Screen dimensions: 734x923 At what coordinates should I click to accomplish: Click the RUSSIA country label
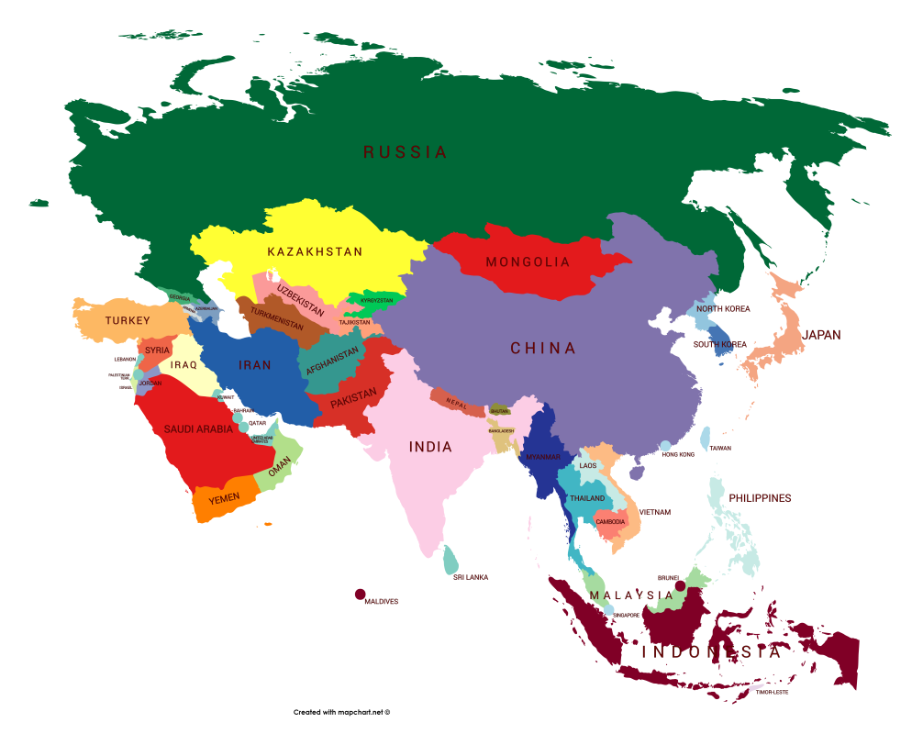click(405, 152)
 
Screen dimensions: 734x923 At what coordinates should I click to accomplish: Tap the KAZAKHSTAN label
click(315, 251)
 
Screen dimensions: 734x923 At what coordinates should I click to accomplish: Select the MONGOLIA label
click(528, 261)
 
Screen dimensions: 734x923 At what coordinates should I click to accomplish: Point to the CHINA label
click(543, 349)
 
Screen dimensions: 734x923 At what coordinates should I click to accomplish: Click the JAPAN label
click(821, 335)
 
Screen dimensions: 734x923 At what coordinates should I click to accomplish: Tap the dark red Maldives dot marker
click(361, 595)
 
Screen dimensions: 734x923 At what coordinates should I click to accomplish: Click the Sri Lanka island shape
click(450, 561)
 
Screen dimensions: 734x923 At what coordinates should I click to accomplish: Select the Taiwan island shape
click(705, 438)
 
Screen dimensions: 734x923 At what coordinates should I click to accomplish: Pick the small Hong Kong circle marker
click(665, 446)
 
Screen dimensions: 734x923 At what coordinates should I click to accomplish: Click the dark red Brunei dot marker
click(680, 585)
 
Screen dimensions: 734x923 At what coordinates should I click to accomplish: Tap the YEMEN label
click(224, 497)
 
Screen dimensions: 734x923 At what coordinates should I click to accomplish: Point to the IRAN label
click(255, 365)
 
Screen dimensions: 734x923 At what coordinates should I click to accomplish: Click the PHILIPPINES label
click(760, 498)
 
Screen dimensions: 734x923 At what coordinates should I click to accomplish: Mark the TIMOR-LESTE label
click(772, 693)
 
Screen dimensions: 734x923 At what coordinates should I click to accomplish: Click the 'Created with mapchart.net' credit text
click(341, 712)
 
